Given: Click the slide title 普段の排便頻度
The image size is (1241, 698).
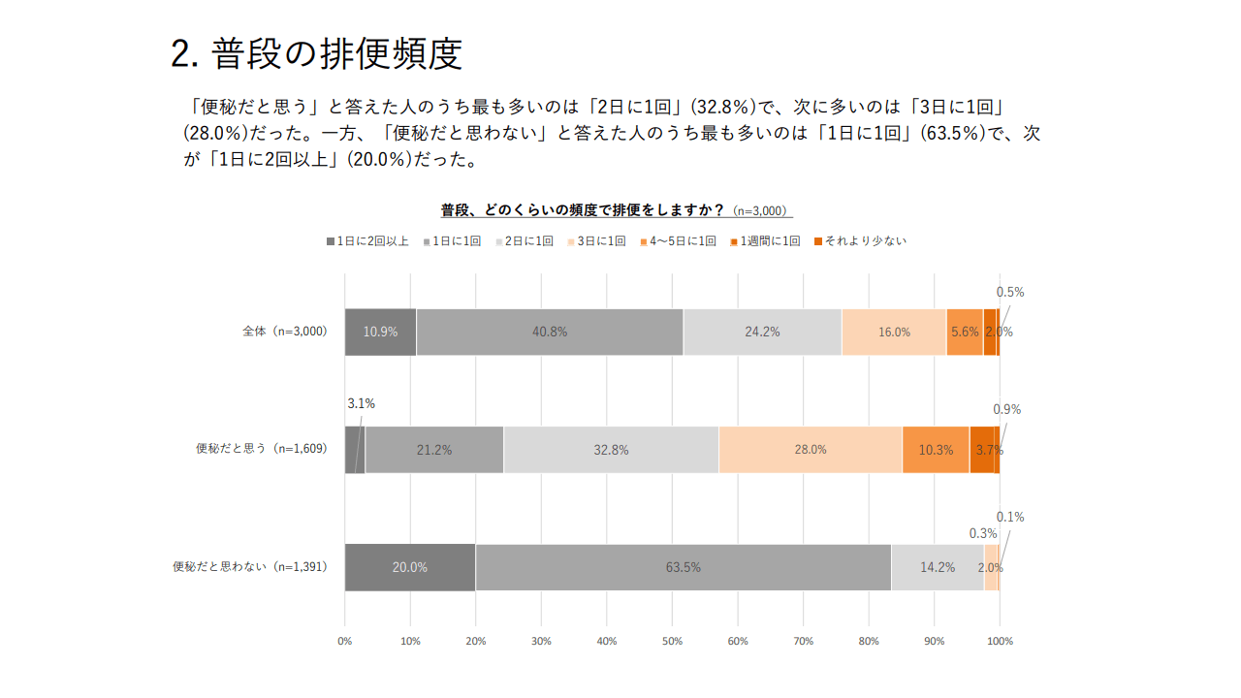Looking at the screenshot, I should pyautogui.click(x=316, y=54).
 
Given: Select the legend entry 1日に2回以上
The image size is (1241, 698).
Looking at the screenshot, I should pyautogui.click(x=367, y=241).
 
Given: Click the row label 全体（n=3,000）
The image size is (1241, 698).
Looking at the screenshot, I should pyautogui.click(x=285, y=332).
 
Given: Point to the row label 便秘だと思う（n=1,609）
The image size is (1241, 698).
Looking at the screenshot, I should pyautogui.click(x=262, y=449).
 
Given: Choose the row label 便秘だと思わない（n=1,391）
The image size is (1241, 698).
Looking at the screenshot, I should pyautogui.click(x=250, y=567).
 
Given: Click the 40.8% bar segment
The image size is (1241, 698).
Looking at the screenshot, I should pyautogui.click(x=550, y=332).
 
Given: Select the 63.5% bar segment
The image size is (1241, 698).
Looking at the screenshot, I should pyautogui.click(x=683, y=567).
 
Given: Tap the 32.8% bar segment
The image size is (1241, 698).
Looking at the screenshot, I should pyautogui.click(x=611, y=450).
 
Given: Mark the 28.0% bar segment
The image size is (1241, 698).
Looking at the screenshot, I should pyautogui.click(x=811, y=450).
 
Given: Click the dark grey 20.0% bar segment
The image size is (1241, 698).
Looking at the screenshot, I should pyautogui.click(x=409, y=567).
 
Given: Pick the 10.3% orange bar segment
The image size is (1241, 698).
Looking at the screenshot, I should pyautogui.click(x=936, y=450).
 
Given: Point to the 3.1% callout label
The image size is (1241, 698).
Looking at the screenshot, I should pyautogui.click(x=361, y=403).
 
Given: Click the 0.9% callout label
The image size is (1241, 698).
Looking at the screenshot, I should pyautogui.click(x=1006, y=409).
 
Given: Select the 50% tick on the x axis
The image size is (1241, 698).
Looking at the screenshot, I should pyautogui.click(x=672, y=641).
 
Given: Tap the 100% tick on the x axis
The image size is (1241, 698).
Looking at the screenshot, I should pyautogui.click(x=1000, y=641).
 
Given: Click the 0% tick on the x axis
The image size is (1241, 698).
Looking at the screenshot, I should pyautogui.click(x=344, y=641).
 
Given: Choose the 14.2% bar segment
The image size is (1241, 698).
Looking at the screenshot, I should pyautogui.click(x=938, y=567).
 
